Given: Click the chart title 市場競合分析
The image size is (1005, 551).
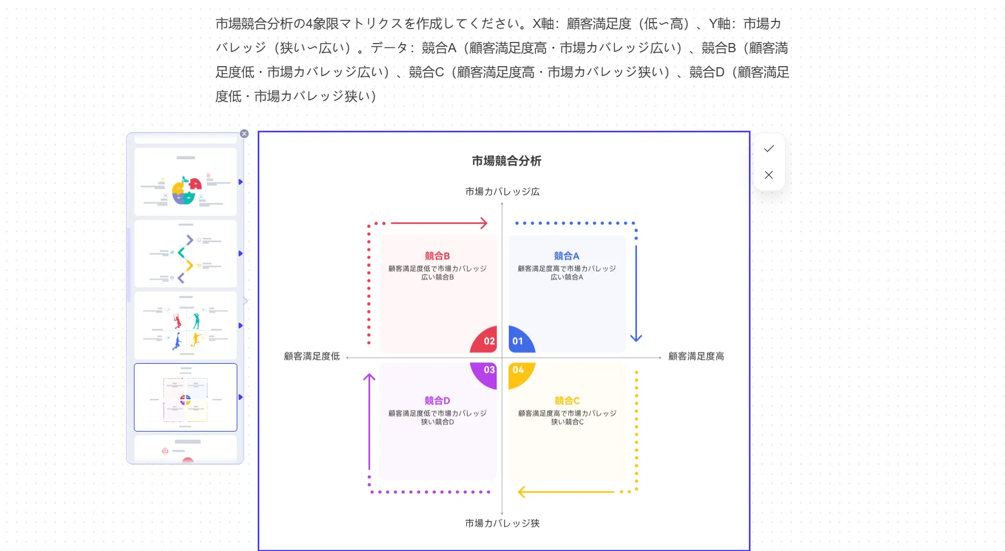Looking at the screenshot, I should pyautogui.click(x=506, y=161).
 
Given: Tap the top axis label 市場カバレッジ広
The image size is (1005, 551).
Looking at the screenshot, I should pyautogui.click(x=502, y=192).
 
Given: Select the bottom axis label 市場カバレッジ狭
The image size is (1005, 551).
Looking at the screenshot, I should pyautogui.click(x=502, y=523).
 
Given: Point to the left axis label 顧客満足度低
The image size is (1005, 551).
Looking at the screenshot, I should pyautogui.click(x=312, y=356).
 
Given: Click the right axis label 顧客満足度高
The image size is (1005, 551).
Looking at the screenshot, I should pyautogui.click(x=696, y=356).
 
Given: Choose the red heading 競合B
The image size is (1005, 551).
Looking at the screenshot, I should pyautogui.click(x=437, y=256).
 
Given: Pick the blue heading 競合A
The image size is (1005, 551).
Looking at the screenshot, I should pyautogui.click(x=567, y=256).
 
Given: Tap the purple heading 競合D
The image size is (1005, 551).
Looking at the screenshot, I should pyautogui.click(x=437, y=401).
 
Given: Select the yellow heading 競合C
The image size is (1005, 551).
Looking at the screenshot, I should pyautogui.click(x=567, y=401).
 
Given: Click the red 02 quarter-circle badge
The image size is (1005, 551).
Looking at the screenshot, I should pyautogui.click(x=486, y=341).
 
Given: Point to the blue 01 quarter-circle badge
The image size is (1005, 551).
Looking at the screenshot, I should pyautogui.click(x=519, y=341).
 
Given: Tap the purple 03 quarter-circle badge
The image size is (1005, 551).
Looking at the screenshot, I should pyautogui.click(x=486, y=372).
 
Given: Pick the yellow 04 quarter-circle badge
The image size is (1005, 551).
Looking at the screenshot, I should pyautogui.click(x=519, y=371).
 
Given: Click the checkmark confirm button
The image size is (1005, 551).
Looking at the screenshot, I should pyautogui.click(x=769, y=149).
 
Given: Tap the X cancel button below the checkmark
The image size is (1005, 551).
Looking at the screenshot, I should pyautogui.click(x=769, y=175).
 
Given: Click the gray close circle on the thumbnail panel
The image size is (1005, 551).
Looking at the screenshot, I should pyautogui.click(x=244, y=134).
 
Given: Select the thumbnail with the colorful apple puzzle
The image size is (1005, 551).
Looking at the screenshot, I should pyautogui.click(x=185, y=182).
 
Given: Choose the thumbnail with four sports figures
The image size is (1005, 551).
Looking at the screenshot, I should pyautogui.click(x=185, y=326).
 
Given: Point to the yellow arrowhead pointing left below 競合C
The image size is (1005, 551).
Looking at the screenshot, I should pyautogui.click(x=521, y=492).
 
